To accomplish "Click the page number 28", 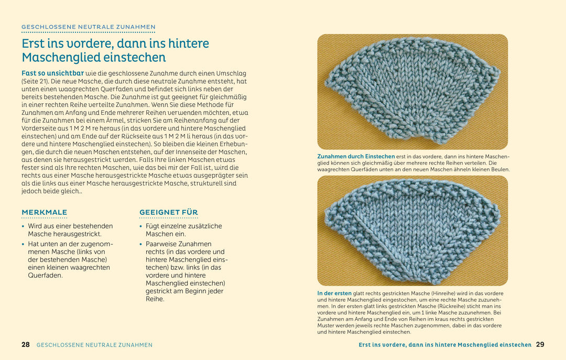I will click(26, 345).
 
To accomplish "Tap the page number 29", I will click(540, 345).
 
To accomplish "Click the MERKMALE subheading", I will click(44, 213).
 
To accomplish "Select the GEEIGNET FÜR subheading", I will click(168, 213).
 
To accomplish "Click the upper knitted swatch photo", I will click(412, 92).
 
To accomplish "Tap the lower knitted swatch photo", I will click(412, 231).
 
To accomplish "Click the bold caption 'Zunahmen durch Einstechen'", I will click(356, 156).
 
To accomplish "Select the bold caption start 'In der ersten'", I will click(334, 293).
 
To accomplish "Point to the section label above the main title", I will click(88, 27).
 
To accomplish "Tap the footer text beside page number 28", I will click(94, 345).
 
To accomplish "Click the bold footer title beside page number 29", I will click(445, 345).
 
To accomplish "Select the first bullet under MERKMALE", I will click(70, 230).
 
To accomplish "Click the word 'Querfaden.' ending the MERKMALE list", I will click(45, 275).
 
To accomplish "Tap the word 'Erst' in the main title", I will click(35, 43).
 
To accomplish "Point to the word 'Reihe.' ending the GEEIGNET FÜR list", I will click(155, 299).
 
